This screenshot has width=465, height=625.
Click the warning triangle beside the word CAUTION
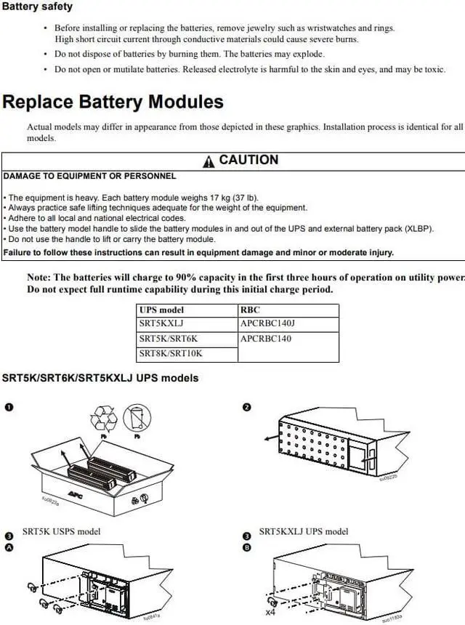coord(209,161)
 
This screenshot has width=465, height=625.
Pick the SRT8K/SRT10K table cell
coord(171,353)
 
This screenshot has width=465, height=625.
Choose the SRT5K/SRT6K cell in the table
coord(168,339)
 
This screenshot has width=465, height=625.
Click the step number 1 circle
coord(9,407)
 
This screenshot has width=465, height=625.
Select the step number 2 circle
coord(246,407)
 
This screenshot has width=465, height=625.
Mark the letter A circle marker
coord(9,548)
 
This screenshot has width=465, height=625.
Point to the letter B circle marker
coord(246,548)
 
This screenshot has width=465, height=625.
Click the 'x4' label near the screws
coord(270,612)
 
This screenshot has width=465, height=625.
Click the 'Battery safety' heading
coord(37,7)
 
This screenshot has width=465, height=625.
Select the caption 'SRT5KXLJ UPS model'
coord(303,531)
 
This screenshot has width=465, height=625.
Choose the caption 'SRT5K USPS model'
coord(62,531)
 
